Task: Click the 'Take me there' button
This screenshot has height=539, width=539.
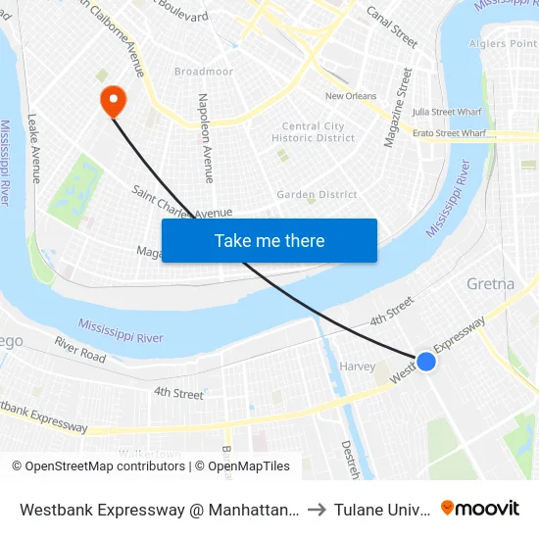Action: coord(269,241)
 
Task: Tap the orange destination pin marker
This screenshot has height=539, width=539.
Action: coord(113,99)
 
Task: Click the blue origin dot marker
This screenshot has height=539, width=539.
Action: coord(426,362)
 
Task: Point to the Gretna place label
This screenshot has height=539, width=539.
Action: coord(491,284)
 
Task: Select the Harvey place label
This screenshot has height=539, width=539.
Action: coord(357,367)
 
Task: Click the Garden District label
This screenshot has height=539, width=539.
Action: coord(317,195)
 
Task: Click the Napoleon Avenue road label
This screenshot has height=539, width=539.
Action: coord(206,138)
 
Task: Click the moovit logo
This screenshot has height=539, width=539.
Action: coord(479,508)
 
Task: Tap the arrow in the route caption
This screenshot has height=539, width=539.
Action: coord(316,509)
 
